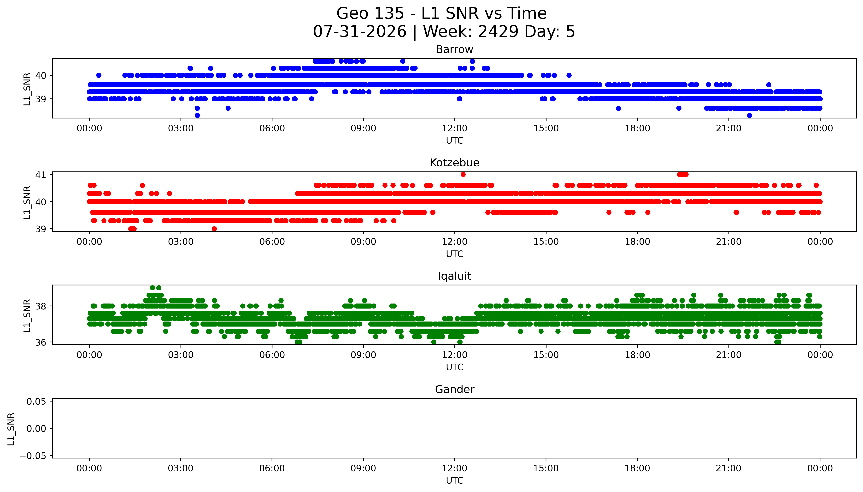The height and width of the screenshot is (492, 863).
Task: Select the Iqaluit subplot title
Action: (454, 276)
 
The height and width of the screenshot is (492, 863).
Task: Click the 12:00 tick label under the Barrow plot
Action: (455, 128)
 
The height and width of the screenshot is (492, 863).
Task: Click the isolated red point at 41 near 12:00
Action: (463, 174)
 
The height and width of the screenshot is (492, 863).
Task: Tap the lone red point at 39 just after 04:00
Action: (214, 229)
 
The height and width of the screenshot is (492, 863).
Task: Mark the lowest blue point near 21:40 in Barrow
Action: (750, 115)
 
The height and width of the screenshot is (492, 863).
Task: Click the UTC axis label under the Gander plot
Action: (454, 480)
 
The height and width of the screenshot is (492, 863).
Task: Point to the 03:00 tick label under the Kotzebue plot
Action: (181, 242)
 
